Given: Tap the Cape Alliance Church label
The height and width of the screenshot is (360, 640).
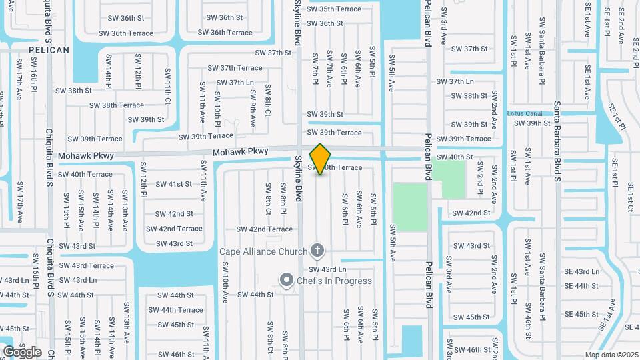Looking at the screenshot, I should coord(263,251).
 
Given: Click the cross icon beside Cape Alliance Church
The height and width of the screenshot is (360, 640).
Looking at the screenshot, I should coord(318,251).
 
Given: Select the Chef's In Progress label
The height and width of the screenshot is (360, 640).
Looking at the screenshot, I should coord(335,281).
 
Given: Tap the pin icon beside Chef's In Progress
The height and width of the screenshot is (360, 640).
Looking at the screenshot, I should coord(287,280).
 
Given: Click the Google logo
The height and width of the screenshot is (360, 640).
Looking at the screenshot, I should coord(22,351).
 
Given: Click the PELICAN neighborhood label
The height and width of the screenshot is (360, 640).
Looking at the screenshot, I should coord(49,50).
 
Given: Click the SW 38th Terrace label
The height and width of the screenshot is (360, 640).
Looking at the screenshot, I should coord(117,105).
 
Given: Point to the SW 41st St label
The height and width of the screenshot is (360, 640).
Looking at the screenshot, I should coord(173,184).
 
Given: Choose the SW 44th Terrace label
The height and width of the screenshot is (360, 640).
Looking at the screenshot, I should coord(175,310).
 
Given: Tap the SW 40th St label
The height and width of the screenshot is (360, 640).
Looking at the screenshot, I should coord(455,157).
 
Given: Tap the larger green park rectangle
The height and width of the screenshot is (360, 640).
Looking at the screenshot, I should coord(409,207).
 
